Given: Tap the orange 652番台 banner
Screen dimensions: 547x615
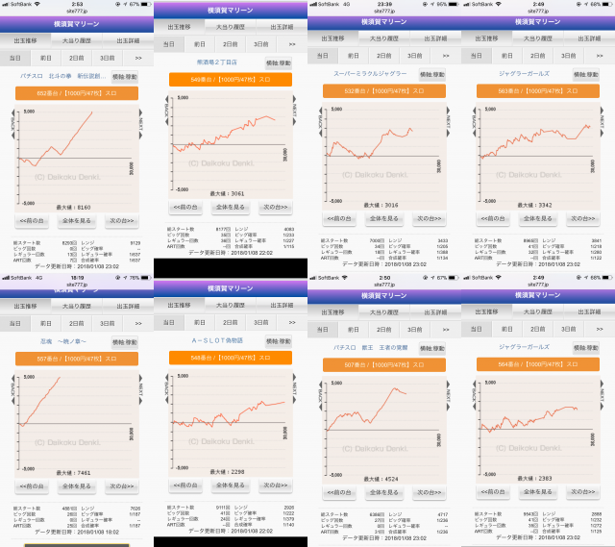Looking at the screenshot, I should [x=76, y=93].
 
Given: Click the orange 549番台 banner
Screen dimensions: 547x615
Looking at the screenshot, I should [x=230, y=80].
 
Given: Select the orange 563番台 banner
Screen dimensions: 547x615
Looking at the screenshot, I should [x=537, y=92].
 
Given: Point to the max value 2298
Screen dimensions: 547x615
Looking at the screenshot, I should [x=232, y=471].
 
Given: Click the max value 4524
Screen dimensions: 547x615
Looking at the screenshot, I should [x=384, y=477].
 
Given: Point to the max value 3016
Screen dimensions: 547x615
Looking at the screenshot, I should [x=384, y=205].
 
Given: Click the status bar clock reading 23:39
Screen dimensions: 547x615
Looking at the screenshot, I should [x=383, y=4].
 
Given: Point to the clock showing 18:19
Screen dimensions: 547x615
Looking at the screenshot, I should [x=76, y=277].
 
